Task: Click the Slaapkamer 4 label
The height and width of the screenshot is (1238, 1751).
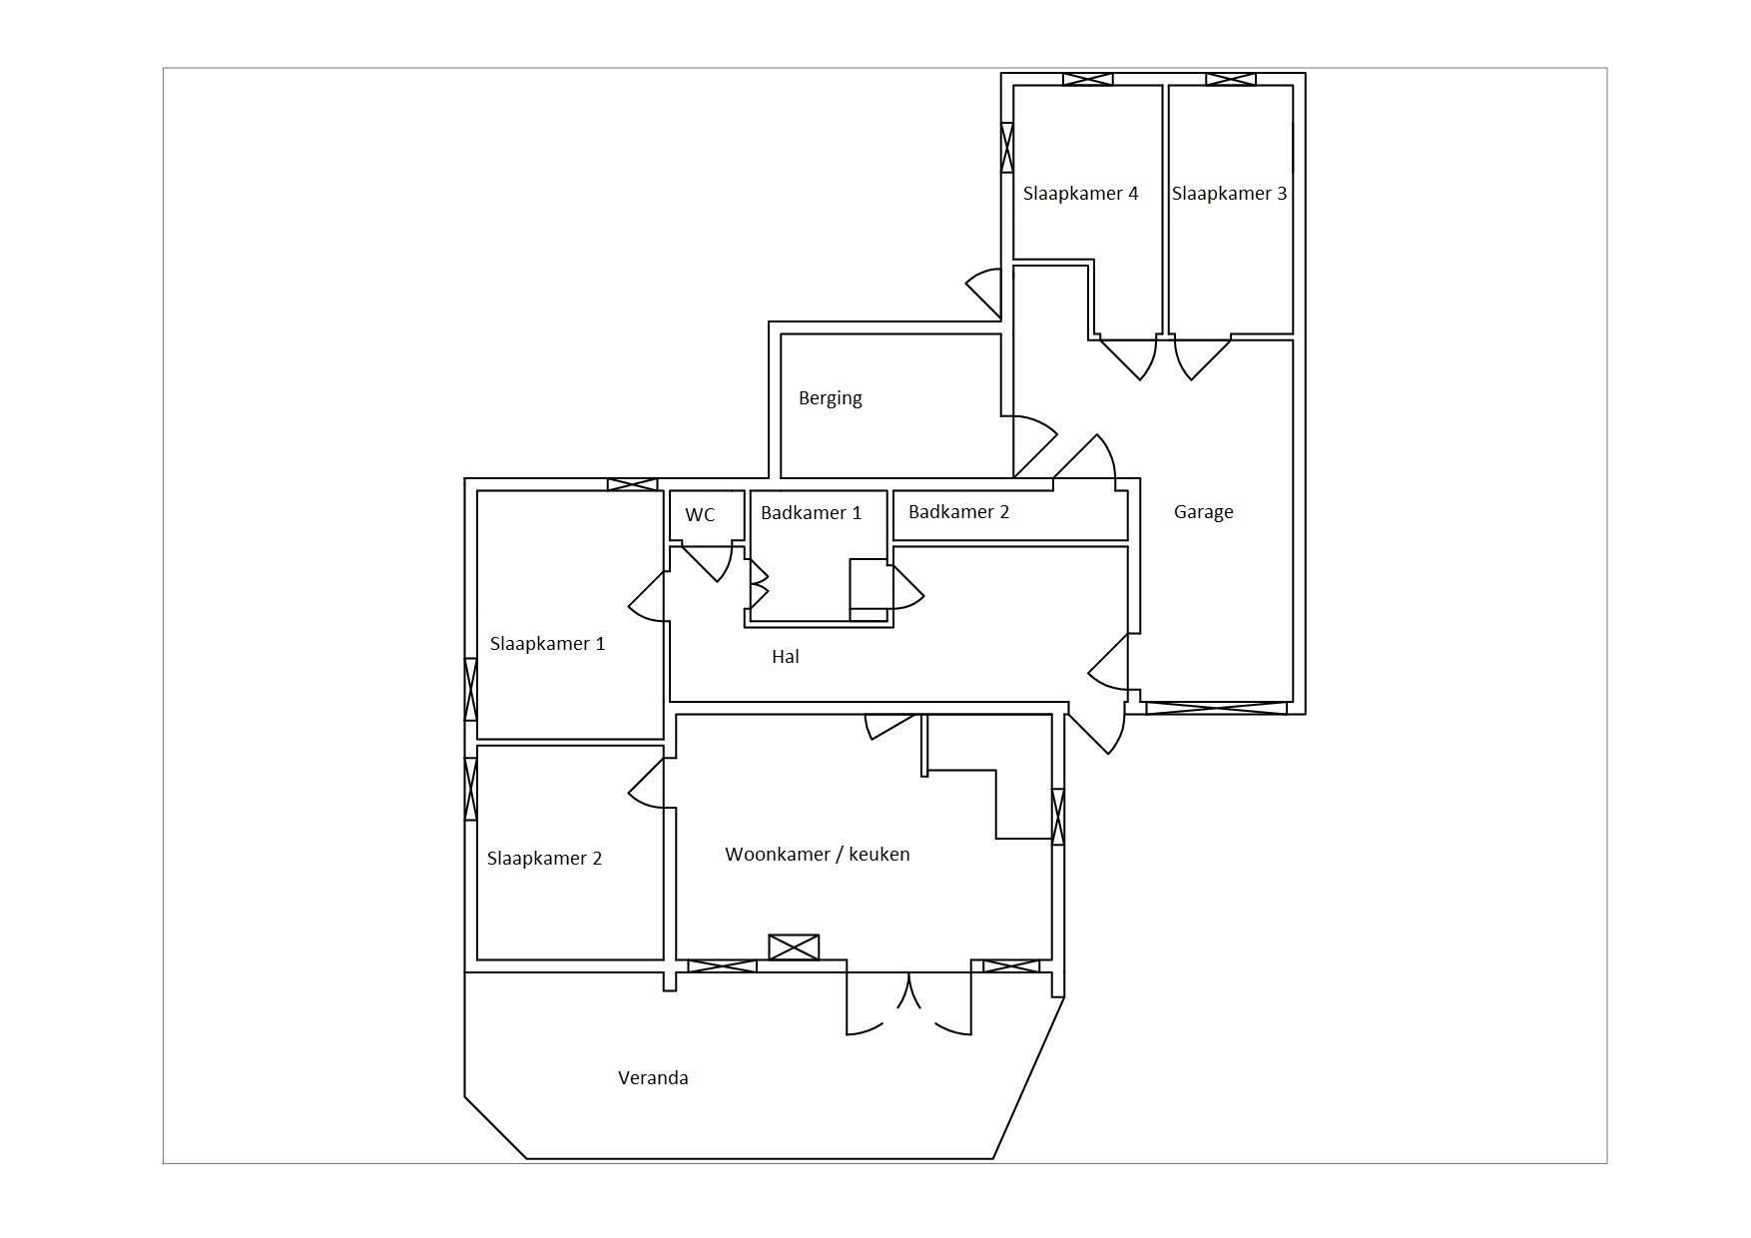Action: pyautogui.click(x=1080, y=194)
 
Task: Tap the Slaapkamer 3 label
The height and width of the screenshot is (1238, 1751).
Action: pyautogui.click(x=1229, y=194)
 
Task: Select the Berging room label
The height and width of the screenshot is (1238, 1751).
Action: pyautogui.click(x=830, y=398)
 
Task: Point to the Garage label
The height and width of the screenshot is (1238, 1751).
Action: pyautogui.click(x=1203, y=512)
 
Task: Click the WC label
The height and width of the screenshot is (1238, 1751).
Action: pyautogui.click(x=700, y=515)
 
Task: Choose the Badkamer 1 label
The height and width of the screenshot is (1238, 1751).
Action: pyautogui.click(x=811, y=513)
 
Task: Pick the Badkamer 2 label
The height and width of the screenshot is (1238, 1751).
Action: pyautogui.click(x=958, y=512)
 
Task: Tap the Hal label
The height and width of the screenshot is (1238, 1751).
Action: pyautogui.click(x=785, y=657)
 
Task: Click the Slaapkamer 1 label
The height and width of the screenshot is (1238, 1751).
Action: pyautogui.click(x=547, y=644)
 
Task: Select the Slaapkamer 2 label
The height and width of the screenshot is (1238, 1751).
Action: pyautogui.click(x=544, y=859)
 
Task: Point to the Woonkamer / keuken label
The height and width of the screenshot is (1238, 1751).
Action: pyautogui.click(x=817, y=855)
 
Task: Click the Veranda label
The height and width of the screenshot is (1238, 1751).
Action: pyautogui.click(x=653, y=1078)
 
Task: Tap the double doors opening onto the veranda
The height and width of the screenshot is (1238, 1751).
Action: pyautogui.click(x=908, y=1003)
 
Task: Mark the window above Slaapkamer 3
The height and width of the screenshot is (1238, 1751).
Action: pyautogui.click(x=1230, y=80)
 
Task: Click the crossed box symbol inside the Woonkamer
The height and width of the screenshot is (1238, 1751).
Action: pyautogui.click(x=794, y=947)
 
